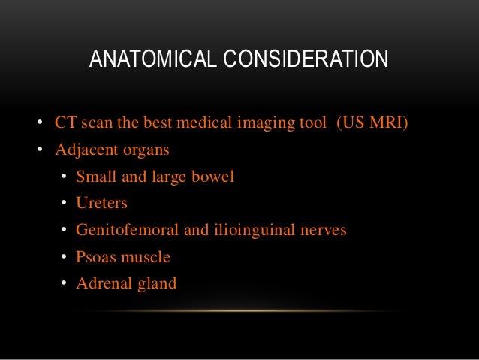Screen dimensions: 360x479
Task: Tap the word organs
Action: click(145, 150)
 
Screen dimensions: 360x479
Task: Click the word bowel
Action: click(215, 177)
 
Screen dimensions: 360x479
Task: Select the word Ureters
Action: click(101, 204)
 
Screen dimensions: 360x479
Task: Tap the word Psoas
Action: click(93, 257)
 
